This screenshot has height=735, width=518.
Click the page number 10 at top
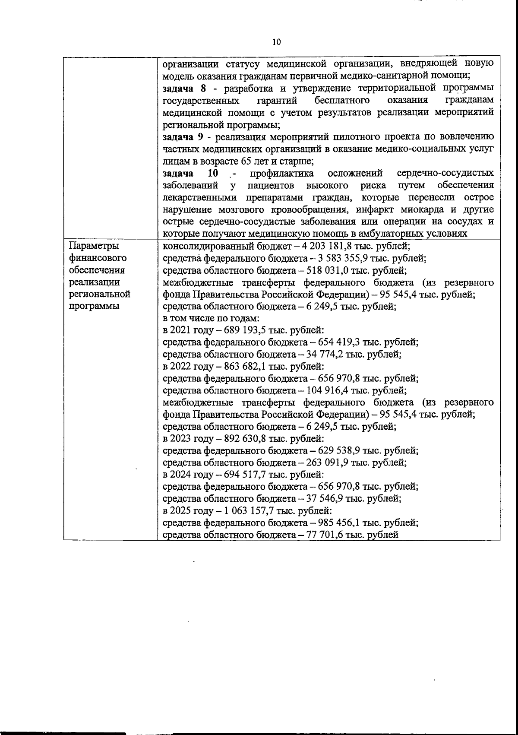coord(277,42)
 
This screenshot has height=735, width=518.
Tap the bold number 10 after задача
coord(213,173)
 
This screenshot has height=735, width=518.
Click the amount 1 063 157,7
coord(250,511)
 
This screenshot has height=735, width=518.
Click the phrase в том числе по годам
coord(211,318)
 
